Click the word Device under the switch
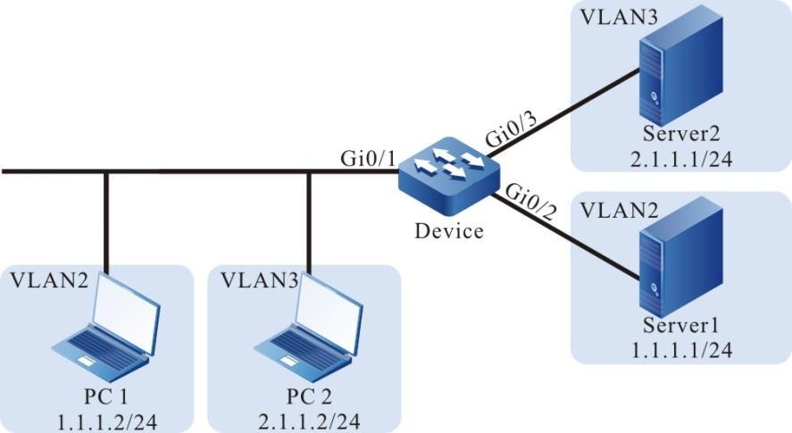449,231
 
